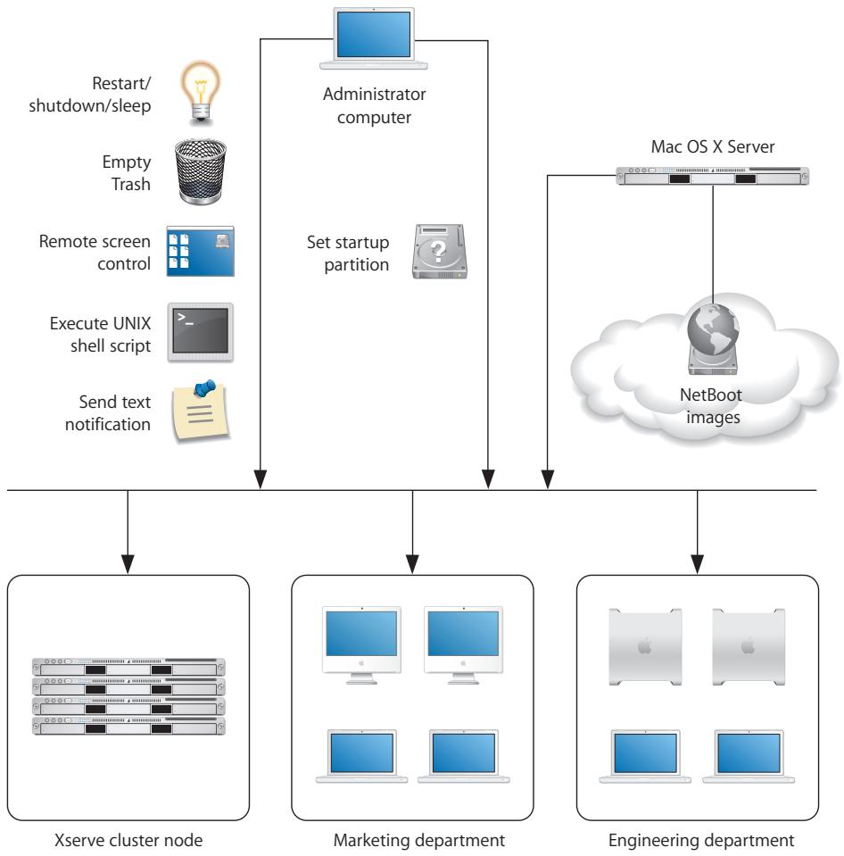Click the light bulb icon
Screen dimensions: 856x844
pos(201,101)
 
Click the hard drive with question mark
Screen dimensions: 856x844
pos(439,253)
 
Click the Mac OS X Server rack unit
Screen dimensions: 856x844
pos(712,176)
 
